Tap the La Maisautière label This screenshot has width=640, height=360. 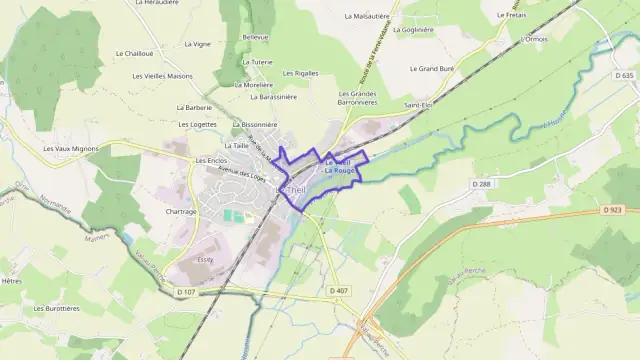tap(368, 16)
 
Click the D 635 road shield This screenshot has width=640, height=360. tap(625, 76)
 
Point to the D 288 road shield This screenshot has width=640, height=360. tap(483, 184)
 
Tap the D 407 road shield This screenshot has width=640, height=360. tap(338, 291)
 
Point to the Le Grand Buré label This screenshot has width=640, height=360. tap(433, 69)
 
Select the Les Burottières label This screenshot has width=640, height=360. tap(56, 309)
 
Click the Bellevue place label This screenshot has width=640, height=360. tap(256, 36)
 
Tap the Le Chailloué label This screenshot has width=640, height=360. tap(134, 53)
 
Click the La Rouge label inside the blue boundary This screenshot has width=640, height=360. tap(340, 171)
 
